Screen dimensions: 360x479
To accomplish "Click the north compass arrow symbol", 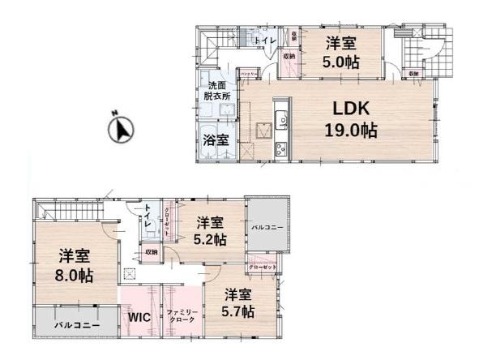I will [x=122, y=129].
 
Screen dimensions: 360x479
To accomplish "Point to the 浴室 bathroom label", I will [x=216, y=139].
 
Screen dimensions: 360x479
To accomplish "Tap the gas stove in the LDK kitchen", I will [x=280, y=148].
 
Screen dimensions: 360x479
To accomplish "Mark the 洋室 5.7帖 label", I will [x=240, y=302].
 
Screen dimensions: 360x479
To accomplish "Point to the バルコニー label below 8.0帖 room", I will [x=77, y=324].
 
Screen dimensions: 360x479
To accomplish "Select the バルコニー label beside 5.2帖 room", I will [x=267, y=228].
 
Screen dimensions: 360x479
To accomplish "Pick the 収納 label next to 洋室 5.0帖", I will [x=289, y=56].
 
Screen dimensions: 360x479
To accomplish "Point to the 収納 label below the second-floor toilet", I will [x=152, y=252].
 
